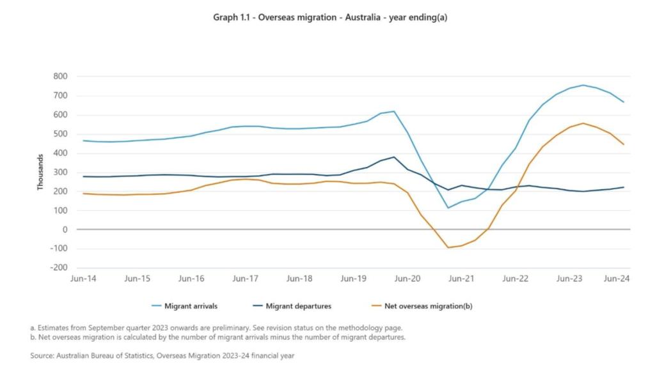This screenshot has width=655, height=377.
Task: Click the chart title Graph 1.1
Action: click(x=329, y=17)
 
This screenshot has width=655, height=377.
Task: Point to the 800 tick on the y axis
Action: click(x=60, y=77)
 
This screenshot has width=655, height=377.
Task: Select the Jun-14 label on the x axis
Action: click(x=84, y=279)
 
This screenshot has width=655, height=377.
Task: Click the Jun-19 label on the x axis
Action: click(x=354, y=279)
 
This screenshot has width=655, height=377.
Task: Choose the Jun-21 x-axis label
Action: click(x=461, y=279)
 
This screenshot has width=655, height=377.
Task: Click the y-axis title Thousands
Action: click(x=40, y=171)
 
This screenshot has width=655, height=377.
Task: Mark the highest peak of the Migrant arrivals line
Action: click(x=583, y=85)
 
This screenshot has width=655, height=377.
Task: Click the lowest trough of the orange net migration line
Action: click(x=448, y=247)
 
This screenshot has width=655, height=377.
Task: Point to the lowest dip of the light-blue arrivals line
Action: click(x=448, y=208)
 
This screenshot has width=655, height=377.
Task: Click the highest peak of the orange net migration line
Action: click(x=583, y=123)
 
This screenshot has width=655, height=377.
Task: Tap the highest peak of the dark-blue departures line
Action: click(x=394, y=157)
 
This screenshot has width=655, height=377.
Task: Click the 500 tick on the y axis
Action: click(x=60, y=134)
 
